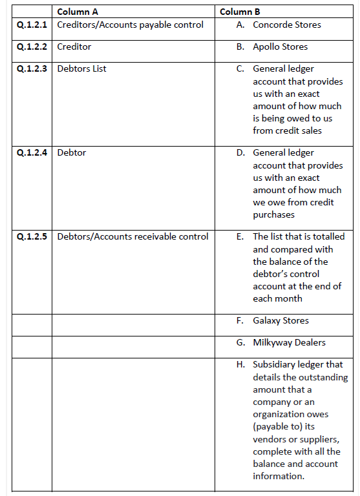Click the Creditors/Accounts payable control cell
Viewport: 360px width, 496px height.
pyautogui.click(x=130, y=25)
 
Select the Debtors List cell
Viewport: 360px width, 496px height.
pyautogui.click(x=82, y=69)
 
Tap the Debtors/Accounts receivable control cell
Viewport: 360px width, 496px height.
pyautogui.click(x=132, y=236)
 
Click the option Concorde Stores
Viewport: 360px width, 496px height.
pyautogui.click(x=286, y=25)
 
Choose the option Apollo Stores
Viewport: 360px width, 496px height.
pyautogui.click(x=280, y=47)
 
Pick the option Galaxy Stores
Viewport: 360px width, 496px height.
pyautogui.click(x=281, y=321)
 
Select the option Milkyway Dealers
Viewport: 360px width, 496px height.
pyautogui.click(x=289, y=343)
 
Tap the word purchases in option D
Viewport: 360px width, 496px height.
pyautogui.click(x=273, y=215)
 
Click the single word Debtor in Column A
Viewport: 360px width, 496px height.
pyautogui.click(x=72, y=153)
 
